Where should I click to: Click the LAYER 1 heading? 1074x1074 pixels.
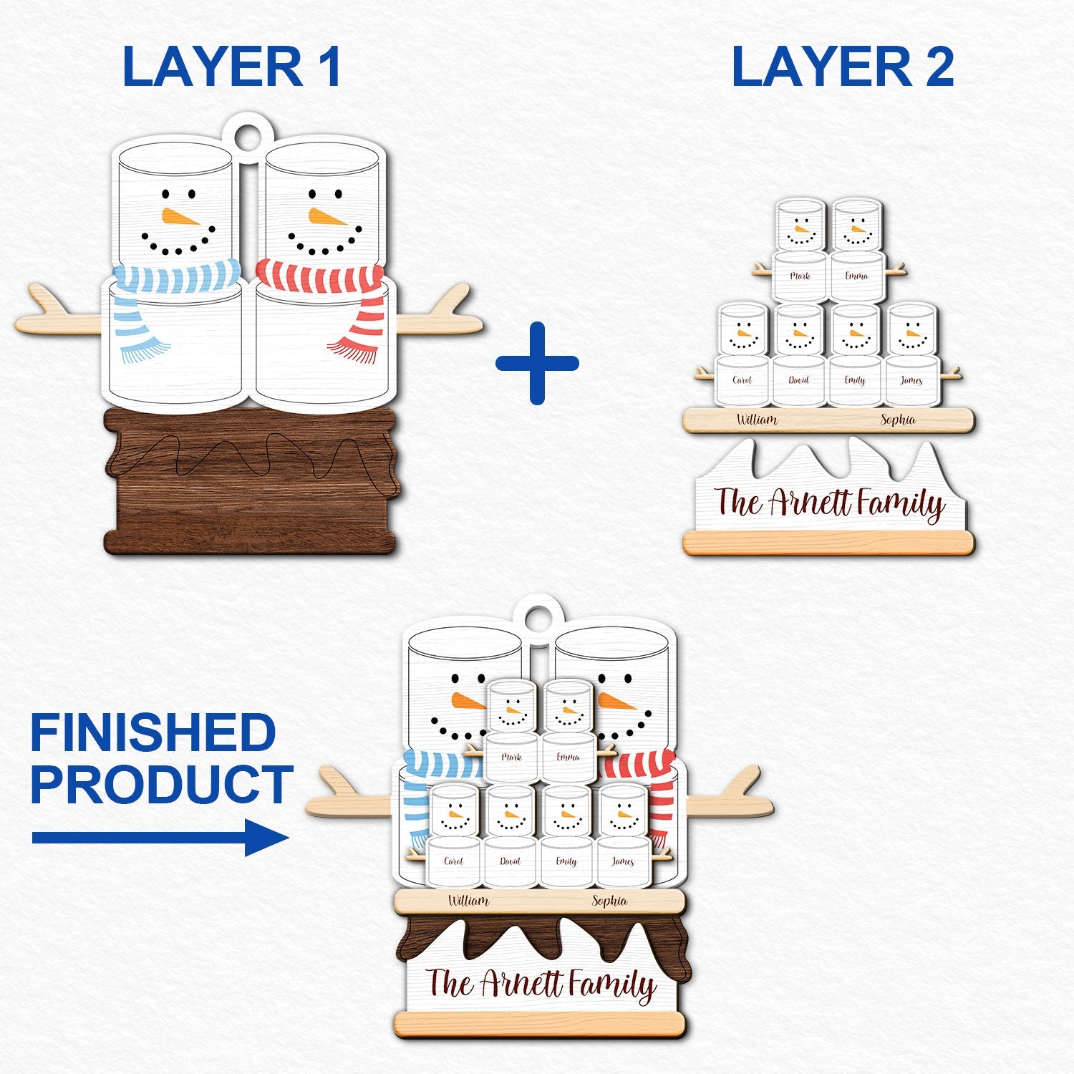point(231,67)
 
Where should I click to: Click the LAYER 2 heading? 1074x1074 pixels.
point(842,67)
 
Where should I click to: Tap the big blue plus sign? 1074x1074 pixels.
point(537,363)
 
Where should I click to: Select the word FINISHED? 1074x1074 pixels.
point(153,732)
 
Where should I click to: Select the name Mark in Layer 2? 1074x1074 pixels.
point(800,276)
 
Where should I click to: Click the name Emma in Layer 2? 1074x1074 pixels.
point(856,276)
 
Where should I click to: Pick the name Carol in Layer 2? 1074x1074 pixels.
point(742,380)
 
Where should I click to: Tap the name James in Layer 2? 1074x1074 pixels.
point(911,380)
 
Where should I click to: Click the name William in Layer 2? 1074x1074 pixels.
point(757,420)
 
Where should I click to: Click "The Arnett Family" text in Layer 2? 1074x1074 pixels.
point(829,503)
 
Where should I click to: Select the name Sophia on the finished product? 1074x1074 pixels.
point(609,901)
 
